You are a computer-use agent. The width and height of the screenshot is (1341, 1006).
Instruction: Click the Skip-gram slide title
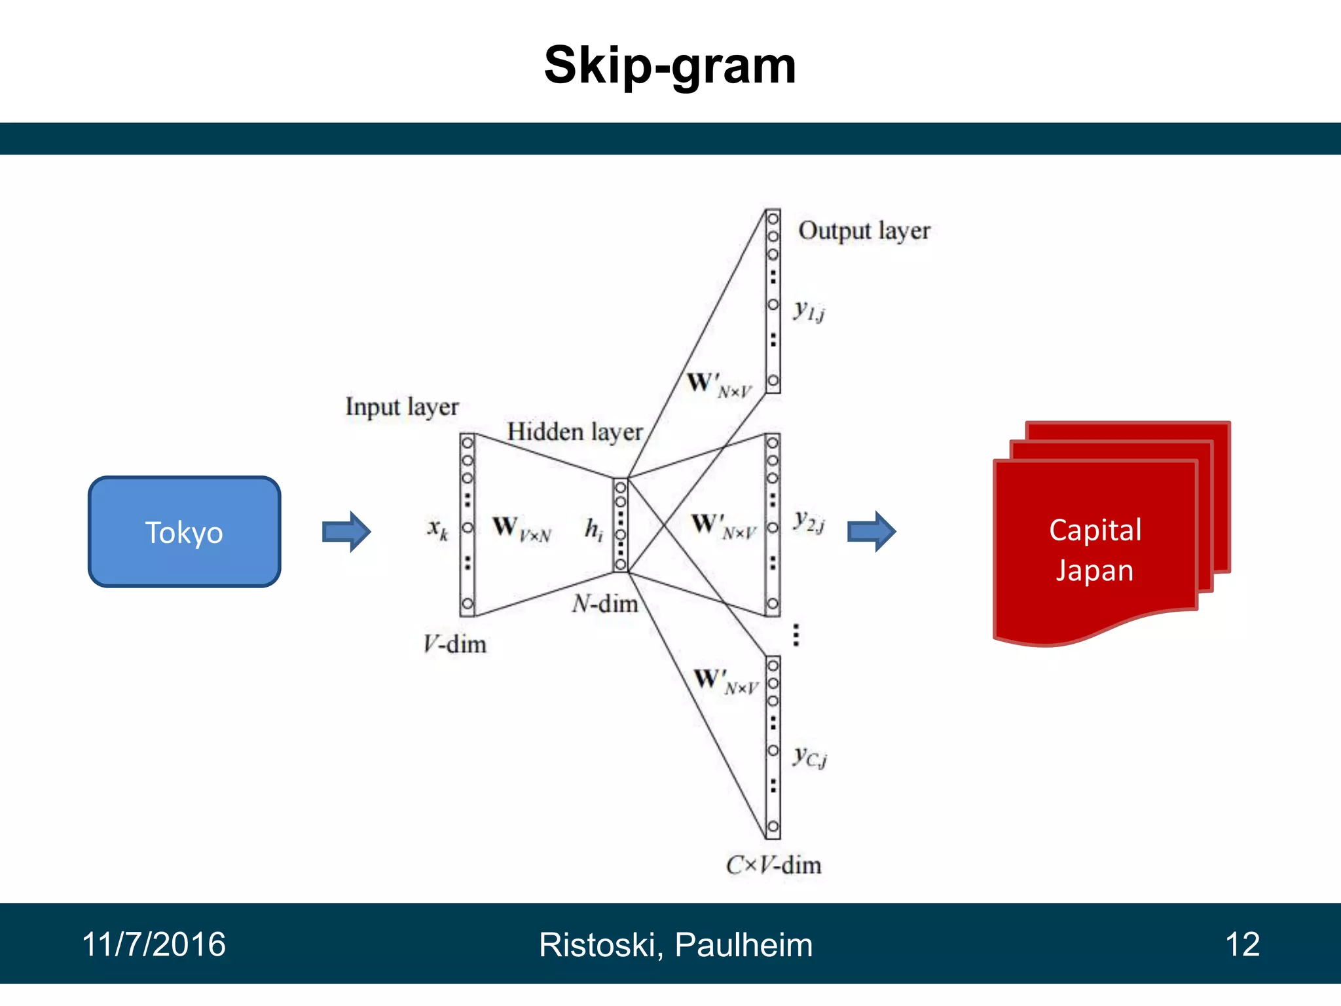[670, 65]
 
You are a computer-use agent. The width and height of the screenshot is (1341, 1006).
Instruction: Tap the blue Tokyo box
[184, 532]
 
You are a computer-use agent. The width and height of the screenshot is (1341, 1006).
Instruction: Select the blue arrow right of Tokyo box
[346, 532]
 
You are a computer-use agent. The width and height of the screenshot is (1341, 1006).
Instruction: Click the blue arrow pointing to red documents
[872, 532]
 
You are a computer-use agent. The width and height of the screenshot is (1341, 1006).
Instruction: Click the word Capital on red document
[1095, 530]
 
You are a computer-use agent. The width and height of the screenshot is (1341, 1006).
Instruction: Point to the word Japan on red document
[1094, 570]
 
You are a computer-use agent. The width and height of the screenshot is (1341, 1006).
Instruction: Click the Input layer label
[402, 407]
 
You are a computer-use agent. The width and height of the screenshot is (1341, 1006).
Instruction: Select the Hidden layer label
[575, 432]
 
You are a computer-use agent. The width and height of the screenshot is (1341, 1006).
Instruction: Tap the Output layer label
[864, 231]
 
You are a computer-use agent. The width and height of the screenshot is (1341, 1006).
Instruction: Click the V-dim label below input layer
[454, 644]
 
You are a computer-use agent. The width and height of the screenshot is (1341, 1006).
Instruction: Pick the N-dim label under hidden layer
[605, 604]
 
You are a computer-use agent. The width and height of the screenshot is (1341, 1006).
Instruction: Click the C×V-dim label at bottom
[773, 865]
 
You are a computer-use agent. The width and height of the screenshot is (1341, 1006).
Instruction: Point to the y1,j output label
[809, 310]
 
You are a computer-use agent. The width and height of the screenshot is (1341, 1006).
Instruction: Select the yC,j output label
[809, 757]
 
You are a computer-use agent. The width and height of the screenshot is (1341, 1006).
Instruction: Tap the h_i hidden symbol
[593, 529]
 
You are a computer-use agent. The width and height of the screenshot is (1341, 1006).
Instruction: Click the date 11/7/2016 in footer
[154, 944]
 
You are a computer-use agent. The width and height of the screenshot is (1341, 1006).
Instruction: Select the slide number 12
[1242, 944]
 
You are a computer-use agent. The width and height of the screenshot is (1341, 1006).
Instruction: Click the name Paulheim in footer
[743, 945]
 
